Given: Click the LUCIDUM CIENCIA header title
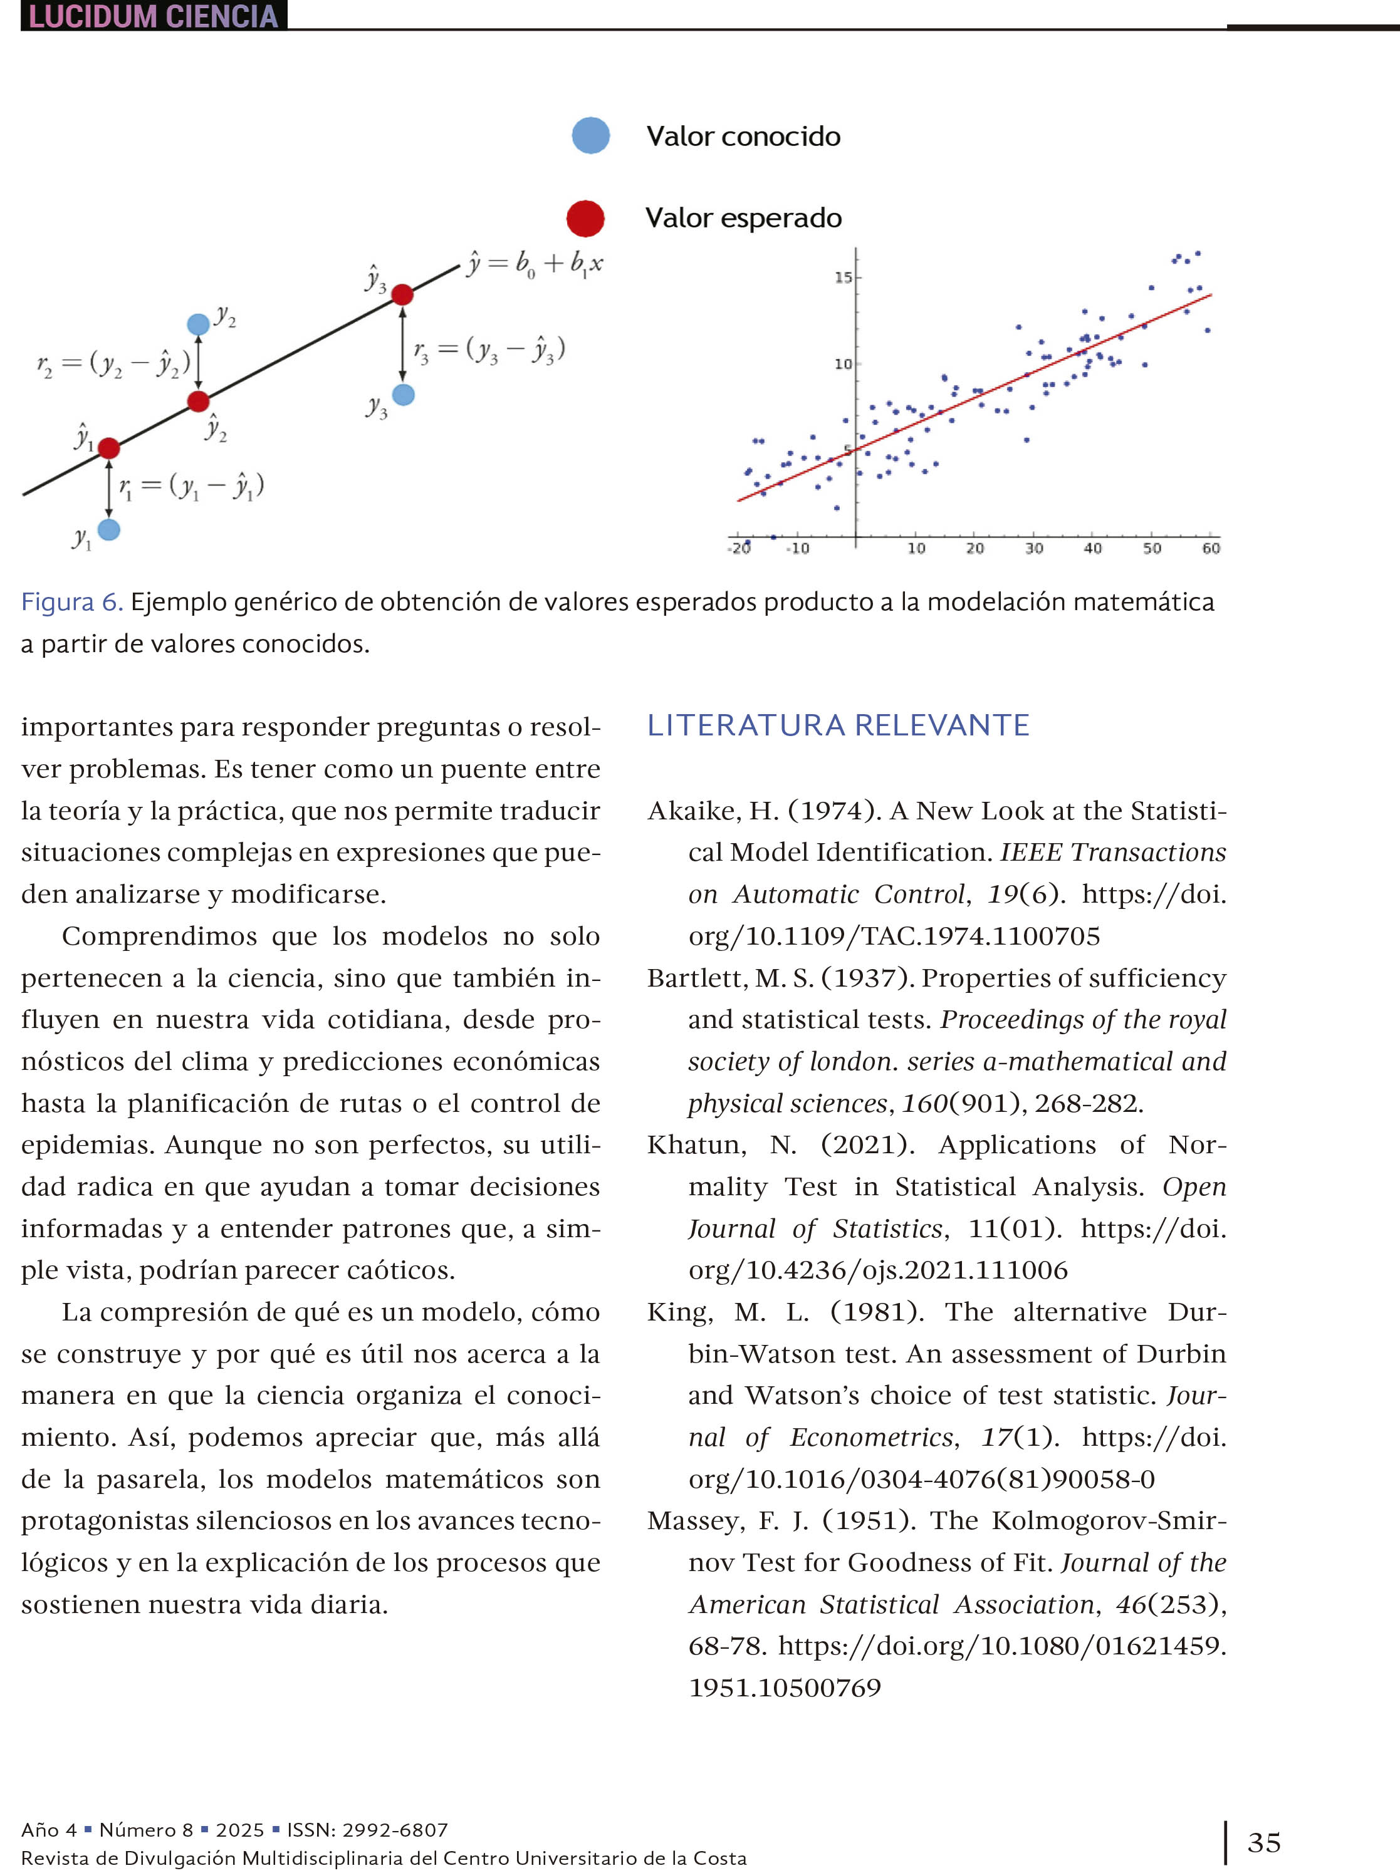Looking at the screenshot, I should (x=154, y=16).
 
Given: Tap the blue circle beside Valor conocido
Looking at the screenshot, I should (x=590, y=135).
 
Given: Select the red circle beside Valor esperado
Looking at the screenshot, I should (x=585, y=219).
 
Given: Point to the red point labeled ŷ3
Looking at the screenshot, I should (x=402, y=294).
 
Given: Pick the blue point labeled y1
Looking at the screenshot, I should (x=109, y=529).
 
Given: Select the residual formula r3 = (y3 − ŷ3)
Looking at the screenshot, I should (x=489, y=350).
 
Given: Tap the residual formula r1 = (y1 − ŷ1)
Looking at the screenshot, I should (x=191, y=486).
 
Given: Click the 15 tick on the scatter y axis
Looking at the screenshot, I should (x=843, y=278).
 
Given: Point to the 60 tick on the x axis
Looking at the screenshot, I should (x=1210, y=549).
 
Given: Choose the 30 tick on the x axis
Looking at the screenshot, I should (x=1034, y=549).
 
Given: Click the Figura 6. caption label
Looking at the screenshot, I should (x=72, y=602).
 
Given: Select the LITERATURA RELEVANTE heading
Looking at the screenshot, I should (x=838, y=725).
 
